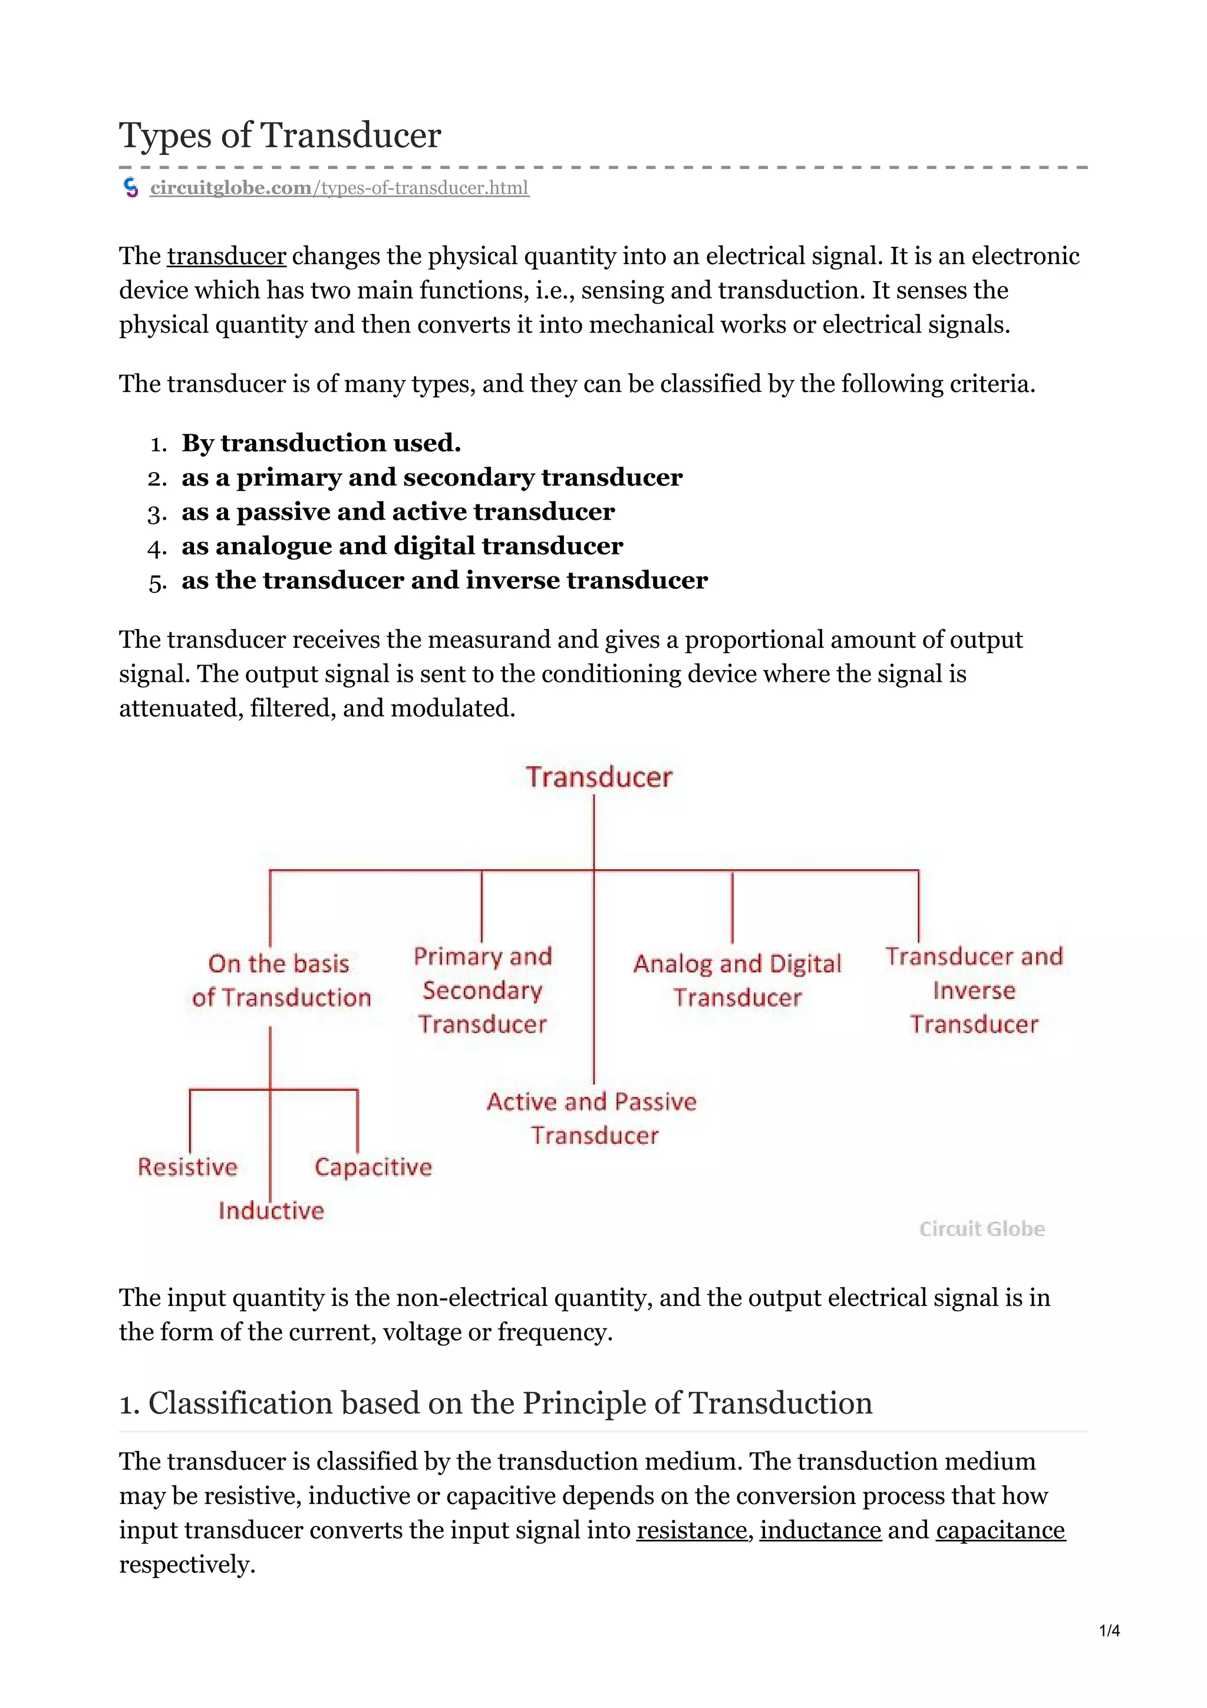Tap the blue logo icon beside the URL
131,187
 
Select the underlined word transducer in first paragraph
226,256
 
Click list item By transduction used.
321,443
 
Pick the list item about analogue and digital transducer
401,546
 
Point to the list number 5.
157,582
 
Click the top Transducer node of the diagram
599,777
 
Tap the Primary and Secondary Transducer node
483,990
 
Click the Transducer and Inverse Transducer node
974,990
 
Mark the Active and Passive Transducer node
592,1118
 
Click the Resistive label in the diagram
187,1166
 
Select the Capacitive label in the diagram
372,1166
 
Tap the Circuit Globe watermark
982,1228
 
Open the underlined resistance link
691,1530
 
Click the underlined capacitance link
1000,1530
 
